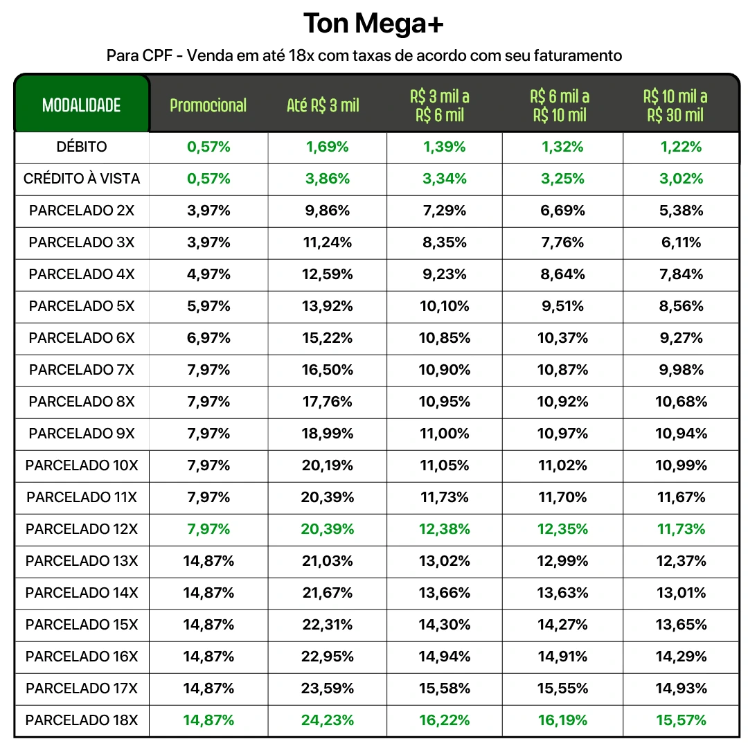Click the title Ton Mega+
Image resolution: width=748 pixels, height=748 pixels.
[x=373, y=24]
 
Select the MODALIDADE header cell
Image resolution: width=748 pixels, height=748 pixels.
[x=82, y=105]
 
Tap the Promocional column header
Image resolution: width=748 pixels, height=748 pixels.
[x=208, y=105]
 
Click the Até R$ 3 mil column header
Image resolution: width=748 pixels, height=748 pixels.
[x=323, y=105]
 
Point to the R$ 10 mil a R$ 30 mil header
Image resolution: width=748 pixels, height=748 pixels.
[x=675, y=105]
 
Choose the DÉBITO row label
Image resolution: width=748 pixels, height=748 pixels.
[x=82, y=147]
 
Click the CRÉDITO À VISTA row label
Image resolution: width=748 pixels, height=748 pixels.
[x=82, y=179]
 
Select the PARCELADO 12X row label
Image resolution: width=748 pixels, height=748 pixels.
[x=82, y=529]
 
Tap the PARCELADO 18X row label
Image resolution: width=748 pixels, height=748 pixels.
[x=82, y=720]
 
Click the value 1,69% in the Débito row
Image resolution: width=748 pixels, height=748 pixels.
[x=327, y=147]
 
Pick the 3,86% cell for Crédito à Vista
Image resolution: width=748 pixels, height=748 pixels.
[x=327, y=179]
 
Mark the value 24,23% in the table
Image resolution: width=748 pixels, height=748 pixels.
[x=327, y=720]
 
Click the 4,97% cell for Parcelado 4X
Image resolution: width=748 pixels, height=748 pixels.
[x=208, y=274]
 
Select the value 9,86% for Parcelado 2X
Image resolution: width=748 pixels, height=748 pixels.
[x=327, y=211]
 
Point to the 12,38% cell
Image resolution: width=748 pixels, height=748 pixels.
[x=444, y=529]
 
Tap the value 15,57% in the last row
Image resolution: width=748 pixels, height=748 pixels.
[x=681, y=720]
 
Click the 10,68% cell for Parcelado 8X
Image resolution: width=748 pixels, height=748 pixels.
[x=681, y=402]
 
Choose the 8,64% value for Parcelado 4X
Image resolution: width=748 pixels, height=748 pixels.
[x=562, y=274]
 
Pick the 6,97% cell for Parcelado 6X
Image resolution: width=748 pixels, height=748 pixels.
[x=208, y=338]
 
